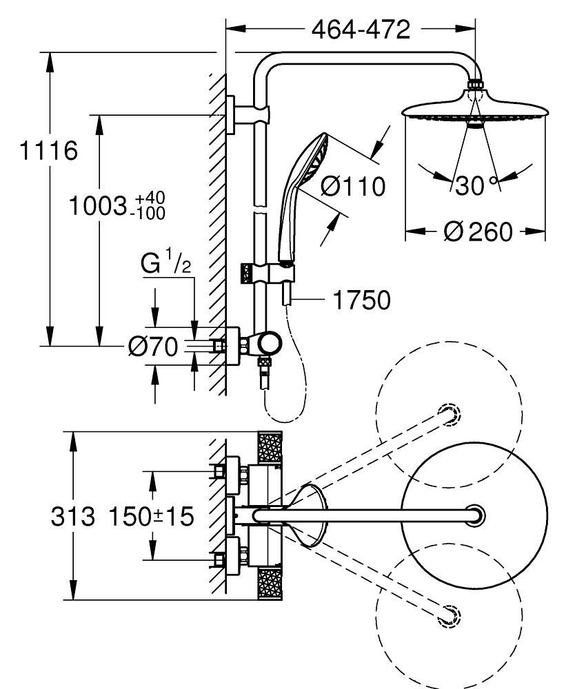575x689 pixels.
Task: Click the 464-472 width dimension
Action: click(361, 30)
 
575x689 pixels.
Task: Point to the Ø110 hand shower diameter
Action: click(354, 185)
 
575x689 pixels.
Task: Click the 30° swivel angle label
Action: click(476, 184)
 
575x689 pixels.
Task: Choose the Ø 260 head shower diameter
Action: click(478, 233)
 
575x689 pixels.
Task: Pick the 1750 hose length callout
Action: click(361, 300)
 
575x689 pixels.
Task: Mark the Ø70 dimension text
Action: click(152, 346)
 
